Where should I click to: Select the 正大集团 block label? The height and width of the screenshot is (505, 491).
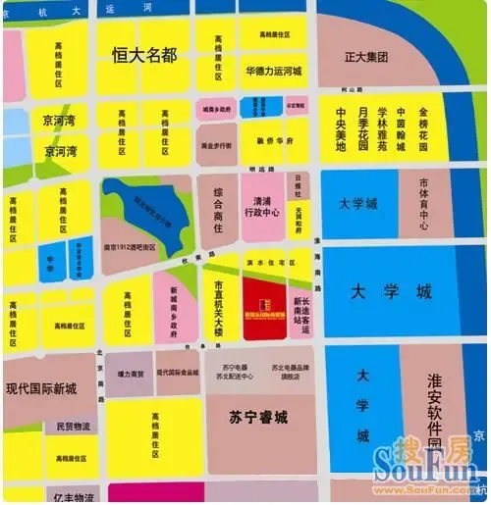point(366,57)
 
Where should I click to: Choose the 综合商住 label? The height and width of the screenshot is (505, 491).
point(217,207)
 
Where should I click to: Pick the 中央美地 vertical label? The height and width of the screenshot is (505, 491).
point(340,130)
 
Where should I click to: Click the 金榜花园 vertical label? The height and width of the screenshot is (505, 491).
point(423,130)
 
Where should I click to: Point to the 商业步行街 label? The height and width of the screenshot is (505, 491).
point(216,145)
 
